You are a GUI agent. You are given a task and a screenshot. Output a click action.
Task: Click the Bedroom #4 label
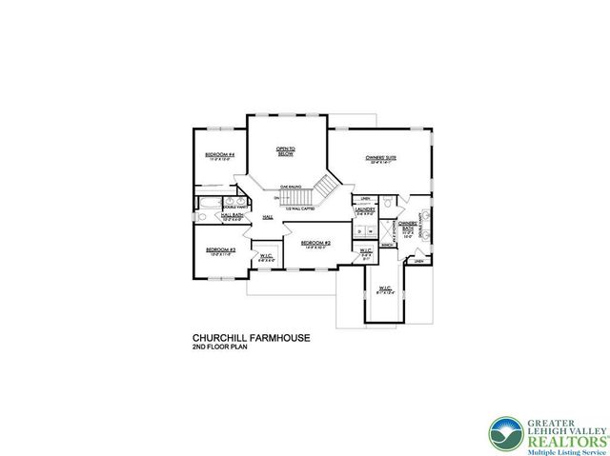(x=220, y=155)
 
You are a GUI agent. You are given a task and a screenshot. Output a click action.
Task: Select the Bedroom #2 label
(x=315, y=243)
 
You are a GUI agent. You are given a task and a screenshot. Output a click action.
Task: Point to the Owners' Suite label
(x=380, y=157)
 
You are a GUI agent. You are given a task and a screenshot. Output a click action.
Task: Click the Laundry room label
(x=363, y=212)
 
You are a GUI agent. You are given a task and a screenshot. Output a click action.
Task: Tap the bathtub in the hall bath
(x=208, y=203)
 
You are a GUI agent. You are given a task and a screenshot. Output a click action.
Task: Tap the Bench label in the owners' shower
(x=388, y=245)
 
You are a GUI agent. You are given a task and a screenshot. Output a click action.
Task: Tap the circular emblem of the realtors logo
(x=502, y=432)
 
